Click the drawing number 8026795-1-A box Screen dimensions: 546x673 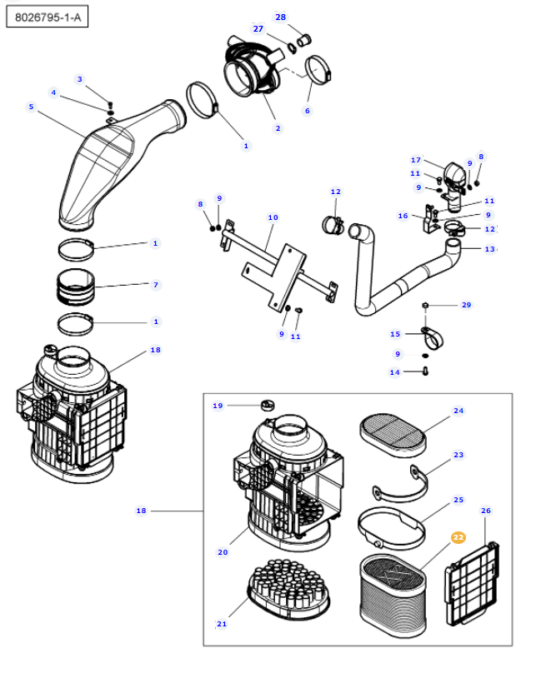coord(48,17)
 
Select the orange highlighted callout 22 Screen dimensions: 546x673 coord(458,537)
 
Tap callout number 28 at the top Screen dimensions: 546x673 coord(281,17)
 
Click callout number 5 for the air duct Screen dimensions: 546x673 coord(31,107)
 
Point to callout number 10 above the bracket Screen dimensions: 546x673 coord(273,217)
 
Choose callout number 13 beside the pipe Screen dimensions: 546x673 coord(489,249)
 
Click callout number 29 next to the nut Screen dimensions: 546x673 coord(467,305)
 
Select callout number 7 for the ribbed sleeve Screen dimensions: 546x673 coord(156,285)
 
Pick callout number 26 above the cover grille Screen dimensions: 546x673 coord(486,511)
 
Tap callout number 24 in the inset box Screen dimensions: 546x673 coord(458,411)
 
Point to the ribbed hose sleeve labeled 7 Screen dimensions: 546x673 coord(76,287)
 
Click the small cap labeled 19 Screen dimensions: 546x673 coord(268,405)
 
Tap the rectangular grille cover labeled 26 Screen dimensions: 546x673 coord(473,584)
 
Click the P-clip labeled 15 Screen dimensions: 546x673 coord(432,338)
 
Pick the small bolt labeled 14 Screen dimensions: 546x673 coord(426,371)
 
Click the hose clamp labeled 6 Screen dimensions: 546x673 coord(318,70)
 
